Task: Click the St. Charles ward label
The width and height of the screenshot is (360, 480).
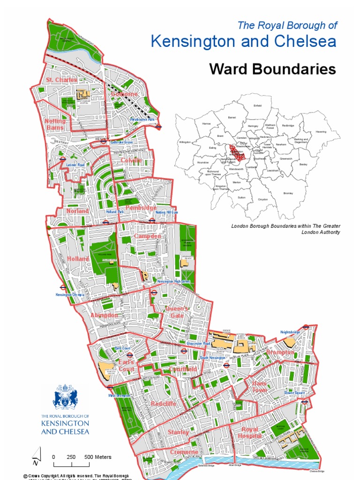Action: click(61, 80)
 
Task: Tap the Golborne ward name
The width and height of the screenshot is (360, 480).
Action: click(124, 94)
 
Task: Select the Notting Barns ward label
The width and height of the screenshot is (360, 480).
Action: click(55, 124)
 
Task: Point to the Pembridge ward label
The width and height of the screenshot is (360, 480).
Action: click(141, 207)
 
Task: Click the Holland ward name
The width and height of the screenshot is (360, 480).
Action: click(78, 259)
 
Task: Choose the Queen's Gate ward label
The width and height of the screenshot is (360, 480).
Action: click(177, 312)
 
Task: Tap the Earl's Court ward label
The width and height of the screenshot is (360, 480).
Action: click(127, 366)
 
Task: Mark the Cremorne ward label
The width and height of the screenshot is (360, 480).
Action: click(184, 451)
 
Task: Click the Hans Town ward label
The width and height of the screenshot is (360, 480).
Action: click(259, 387)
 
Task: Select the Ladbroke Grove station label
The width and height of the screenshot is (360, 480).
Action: click(122, 142)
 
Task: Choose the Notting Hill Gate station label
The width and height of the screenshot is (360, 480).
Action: click(166, 212)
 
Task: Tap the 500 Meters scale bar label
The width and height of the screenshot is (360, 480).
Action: click(97, 457)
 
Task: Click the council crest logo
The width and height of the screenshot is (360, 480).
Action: click(65, 397)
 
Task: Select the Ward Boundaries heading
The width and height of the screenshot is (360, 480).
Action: click(272, 69)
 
